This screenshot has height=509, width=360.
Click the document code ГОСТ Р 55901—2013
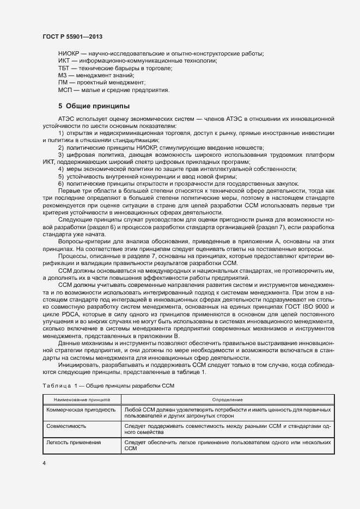coord(72,36)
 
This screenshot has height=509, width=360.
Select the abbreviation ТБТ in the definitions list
coord(64,68)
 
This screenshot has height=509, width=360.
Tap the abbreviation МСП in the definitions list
coord(65,90)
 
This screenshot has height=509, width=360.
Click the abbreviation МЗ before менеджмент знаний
coord(63,76)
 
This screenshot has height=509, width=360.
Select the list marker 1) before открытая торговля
coord(61,133)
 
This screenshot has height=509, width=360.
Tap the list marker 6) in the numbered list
coord(61,183)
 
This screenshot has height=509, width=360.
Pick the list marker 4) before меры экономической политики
coord(61,169)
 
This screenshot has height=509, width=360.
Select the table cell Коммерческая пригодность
coord(81,409)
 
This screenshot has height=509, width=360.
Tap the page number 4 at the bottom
coord(44,463)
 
